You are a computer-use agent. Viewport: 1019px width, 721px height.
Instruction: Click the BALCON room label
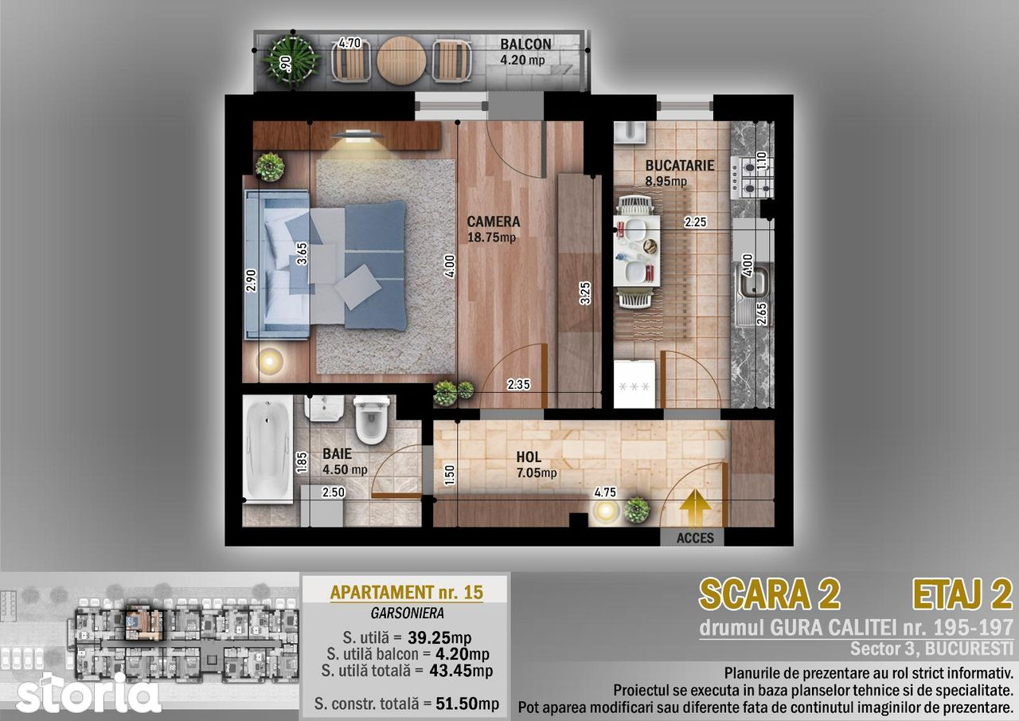click(525, 44)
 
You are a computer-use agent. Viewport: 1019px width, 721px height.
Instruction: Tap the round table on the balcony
click(402, 61)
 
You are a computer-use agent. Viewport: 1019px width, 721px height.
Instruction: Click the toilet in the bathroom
click(372, 420)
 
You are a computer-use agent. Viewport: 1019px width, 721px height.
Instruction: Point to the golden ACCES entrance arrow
click(695, 507)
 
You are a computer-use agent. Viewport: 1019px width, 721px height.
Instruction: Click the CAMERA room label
click(493, 221)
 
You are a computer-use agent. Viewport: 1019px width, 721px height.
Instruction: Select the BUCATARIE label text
click(679, 165)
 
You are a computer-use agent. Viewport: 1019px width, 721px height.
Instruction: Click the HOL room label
click(528, 457)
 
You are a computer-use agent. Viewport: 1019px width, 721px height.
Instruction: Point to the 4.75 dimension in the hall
click(605, 492)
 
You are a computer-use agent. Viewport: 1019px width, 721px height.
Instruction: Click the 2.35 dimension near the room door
click(518, 385)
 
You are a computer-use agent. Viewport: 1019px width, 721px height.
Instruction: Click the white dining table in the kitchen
click(636, 251)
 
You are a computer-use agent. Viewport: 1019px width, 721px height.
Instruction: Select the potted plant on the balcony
click(291, 61)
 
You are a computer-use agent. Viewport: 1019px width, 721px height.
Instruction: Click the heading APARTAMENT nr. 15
click(407, 592)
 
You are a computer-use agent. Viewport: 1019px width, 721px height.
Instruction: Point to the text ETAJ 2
click(962, 594)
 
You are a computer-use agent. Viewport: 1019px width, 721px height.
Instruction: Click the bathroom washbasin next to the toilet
click(324, 408)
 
